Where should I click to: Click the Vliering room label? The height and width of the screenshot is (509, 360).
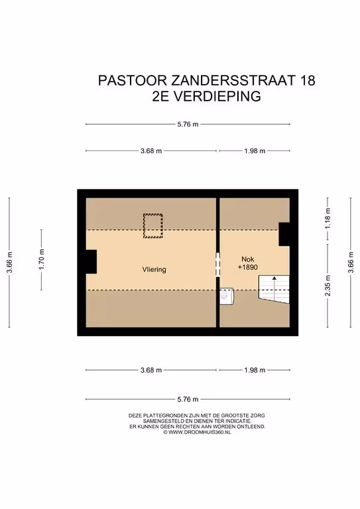pos(154,270)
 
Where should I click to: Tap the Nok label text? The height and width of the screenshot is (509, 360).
pos(248,259)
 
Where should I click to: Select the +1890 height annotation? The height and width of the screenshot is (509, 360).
pos(248,267)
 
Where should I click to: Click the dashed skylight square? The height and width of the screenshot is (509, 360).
pos(153,225)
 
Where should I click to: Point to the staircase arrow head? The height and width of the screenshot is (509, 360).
pos(274,278)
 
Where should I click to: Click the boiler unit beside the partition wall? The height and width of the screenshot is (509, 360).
pos(226,296)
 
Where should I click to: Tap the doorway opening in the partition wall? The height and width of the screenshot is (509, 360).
pos(218,265)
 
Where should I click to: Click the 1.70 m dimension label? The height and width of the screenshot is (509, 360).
pos(41,259)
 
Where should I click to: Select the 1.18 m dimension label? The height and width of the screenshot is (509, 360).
pos(328,219)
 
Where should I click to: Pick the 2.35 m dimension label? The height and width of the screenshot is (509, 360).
pos(328,286)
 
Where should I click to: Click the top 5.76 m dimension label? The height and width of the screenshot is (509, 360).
pos(188,124)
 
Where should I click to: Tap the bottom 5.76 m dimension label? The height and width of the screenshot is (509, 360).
pos(188,399)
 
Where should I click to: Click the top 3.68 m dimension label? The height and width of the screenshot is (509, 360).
pos(151,151)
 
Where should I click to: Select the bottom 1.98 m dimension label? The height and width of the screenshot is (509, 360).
pos(255,370)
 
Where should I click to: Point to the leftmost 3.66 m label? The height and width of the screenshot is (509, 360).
pos(9,262)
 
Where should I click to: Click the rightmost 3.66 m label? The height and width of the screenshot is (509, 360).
pos(351,262)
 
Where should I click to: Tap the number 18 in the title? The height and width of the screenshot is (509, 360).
pos(308,80)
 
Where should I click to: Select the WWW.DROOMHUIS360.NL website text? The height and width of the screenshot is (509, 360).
pos(200,432)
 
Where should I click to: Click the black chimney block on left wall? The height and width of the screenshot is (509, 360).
pos(91,262)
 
